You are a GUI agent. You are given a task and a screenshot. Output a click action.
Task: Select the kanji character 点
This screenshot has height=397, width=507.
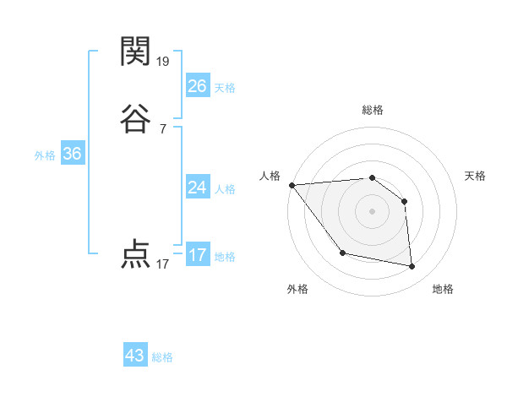coord(136,254)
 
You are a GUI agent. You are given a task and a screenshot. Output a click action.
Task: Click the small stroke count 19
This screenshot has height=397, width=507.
coord(163,62)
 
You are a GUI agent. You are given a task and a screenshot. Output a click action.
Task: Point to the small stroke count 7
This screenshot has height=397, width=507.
coord(163,129)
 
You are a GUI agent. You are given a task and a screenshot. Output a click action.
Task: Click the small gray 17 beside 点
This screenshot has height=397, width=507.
coord(163,264)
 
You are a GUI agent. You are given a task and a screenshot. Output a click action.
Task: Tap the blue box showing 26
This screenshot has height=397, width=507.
coord(198,85)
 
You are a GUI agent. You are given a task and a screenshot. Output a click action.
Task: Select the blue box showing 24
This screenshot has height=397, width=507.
coord(198,188)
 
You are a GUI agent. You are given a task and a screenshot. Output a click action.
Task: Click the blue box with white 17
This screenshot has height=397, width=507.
coord(198,255)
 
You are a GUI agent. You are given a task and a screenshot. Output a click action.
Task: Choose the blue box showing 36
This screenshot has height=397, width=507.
coord(73,154)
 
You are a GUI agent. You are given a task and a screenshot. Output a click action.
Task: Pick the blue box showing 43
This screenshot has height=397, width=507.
coord(135,356)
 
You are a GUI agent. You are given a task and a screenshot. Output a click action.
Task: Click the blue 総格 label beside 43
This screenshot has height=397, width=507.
coord(163,357)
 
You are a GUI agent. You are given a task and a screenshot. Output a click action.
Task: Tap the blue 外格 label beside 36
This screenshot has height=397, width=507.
coord(45,155)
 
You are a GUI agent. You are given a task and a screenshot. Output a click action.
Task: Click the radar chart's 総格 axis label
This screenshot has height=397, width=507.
coord(373,110)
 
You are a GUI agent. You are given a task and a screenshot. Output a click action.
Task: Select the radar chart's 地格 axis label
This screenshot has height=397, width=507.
coord(443,290)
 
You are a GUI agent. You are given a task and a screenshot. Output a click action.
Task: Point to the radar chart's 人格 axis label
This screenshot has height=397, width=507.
coord(270,176)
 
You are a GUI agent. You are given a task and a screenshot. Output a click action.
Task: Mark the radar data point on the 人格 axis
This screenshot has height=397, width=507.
coord(292,185)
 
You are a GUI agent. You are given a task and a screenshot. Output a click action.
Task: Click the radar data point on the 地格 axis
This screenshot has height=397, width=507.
coord(412,267)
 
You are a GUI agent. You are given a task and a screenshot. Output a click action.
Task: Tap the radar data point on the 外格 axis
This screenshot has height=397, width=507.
coord(342,253)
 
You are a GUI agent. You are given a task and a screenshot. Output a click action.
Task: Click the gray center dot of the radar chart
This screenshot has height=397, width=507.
coord(373,210)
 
